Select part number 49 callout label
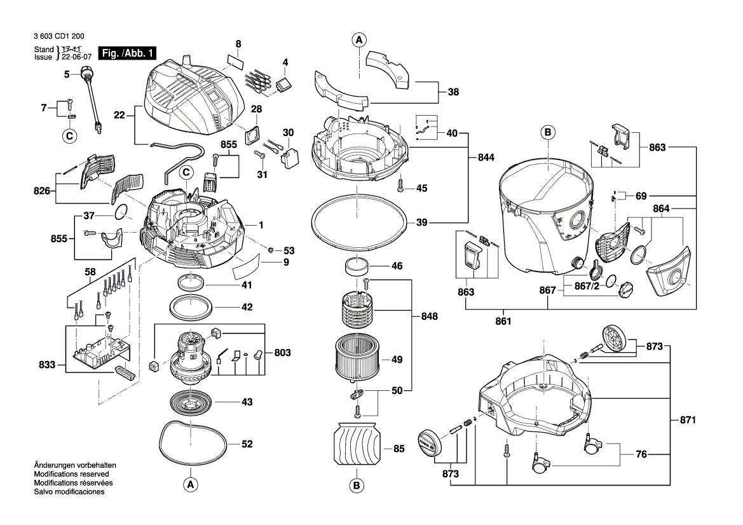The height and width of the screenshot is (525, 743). coord(397,360)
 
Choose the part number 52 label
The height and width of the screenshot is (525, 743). coord(247,444)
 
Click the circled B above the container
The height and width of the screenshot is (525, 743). coord(548,132)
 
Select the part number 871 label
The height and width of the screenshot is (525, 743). coord(688,420)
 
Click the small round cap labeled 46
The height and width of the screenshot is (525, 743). coord(356,266)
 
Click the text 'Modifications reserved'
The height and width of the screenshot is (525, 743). coord(71,474)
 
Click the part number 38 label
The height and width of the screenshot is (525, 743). coord(453,92)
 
